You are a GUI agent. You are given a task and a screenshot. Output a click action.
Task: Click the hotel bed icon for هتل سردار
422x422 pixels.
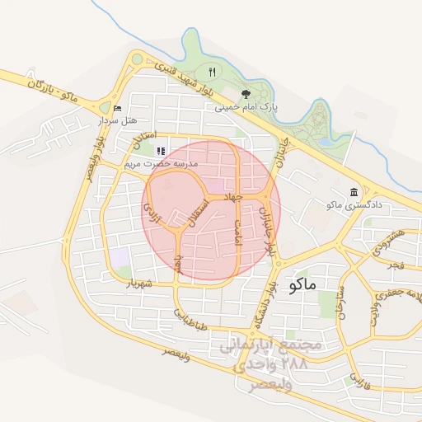tap(116, 108)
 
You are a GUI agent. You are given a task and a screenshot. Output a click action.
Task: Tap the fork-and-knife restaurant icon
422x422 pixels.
tap(212, 72)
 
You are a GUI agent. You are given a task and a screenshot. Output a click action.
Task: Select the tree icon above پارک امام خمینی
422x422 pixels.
tap(245, 94)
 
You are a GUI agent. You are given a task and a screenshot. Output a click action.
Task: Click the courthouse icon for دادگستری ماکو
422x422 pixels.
tap(353, 191)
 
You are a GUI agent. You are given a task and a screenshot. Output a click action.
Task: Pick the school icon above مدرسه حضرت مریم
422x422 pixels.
tap(160, 151)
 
